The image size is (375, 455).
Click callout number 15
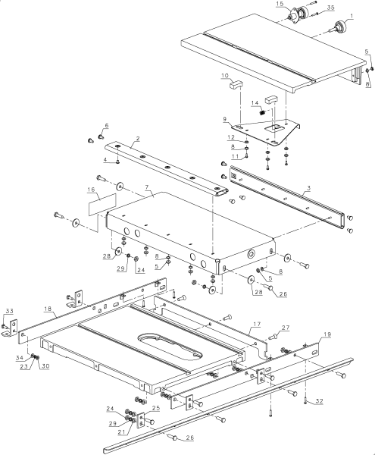(280, 4)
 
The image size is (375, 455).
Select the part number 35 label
(330, 8)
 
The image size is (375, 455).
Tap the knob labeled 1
(339, 27)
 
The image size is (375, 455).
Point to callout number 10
(225, 76)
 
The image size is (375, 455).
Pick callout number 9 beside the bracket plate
(225, 119)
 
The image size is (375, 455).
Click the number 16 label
(91, 190)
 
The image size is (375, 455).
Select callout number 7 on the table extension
(147, 188)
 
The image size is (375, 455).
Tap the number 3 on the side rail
(309, 188)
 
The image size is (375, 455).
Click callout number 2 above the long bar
(138, 139)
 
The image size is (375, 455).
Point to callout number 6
(107, 125)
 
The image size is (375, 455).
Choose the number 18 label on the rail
(48, 309)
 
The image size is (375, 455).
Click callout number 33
(9, 311)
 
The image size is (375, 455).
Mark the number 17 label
(257, 324)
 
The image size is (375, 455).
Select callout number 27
(286, 328)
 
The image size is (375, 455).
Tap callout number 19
(327, 334)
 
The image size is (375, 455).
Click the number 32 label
(319, 401)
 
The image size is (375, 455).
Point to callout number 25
(156, 408)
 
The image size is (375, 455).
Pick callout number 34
(20, 358)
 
